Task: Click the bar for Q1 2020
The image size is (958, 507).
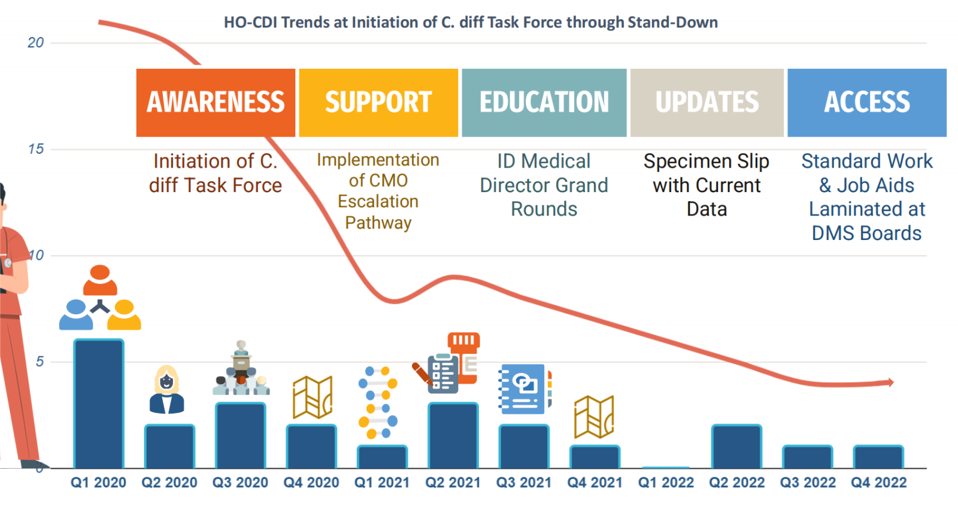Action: pyautogui.click(x=99, y=403)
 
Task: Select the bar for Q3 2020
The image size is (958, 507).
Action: pyautogui.click(x=241, y=435)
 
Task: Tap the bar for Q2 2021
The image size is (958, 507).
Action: pyautogui.click(x=453, y=435)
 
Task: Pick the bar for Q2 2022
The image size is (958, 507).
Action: pyautogui.click(x=737, y=447)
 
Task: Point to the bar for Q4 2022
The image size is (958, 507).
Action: pyautogui.click(x=878, y=457)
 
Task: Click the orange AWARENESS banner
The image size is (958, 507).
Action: pyautogui.click(x=216, y=102)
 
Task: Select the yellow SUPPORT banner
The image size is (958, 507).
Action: pyautogui.click(x=378, y=102)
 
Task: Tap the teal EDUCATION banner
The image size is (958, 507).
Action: pyautogui.click(x=544, y=102)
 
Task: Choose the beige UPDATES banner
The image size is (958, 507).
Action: pyautogui.click(x=707, y=102)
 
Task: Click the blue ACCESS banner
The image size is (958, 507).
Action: pyautogui.click(x=867, y=102)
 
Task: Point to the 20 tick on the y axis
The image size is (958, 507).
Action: pyautogui.click(x=36, y=42)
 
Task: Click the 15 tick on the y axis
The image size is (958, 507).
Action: pyautogui.click(x=36, y=149)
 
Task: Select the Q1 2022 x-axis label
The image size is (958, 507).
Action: pyautogui.click(x=666, y=482)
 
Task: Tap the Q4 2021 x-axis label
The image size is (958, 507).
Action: pyautogui.click(x=595, y=482)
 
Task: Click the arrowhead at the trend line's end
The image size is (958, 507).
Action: pyautogui.click(x=891, y=382)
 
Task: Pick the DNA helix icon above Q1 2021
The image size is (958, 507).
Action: pyautogui.click(x=378, y=402)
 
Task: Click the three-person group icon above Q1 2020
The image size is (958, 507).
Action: pyautogui.click(x=100, y=297)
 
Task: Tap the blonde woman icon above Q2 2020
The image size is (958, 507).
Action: pyautogui.click(x=167, y=390)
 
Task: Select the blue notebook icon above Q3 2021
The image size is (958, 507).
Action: pyautogui.click(x=525, y=389)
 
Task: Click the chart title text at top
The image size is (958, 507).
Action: pyautogui.click(x=471, y=22)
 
